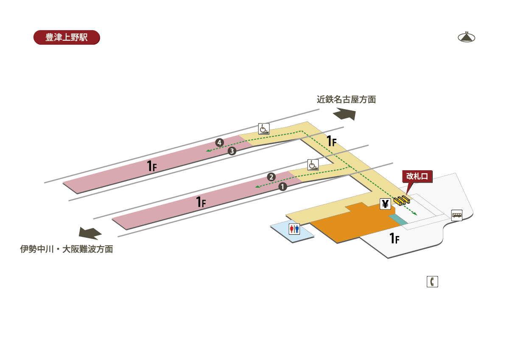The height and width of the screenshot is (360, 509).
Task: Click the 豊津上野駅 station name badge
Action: pos(67,37)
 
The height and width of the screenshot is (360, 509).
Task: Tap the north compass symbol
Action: pos(466,37)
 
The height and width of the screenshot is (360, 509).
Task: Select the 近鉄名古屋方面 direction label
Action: pos(346,100)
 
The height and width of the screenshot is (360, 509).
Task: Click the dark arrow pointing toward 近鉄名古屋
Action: pos(344,114)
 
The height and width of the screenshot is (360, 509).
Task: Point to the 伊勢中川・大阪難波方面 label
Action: pos(67,249)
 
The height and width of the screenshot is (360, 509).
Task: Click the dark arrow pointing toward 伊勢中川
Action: pos(90,233)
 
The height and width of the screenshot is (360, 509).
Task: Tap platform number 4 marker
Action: pos(219,142)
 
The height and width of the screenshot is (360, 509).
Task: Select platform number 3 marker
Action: pos(232,151)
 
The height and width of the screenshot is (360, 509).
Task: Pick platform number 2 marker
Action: pos(271,177)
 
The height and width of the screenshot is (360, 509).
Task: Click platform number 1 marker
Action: pos(283,186)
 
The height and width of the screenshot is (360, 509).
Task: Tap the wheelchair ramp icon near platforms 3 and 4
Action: pos(264,129)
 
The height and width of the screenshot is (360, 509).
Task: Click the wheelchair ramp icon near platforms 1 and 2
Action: pos(313,165)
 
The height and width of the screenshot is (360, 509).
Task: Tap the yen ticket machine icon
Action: pos(385,204)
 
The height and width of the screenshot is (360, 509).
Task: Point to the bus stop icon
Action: pos(457,215)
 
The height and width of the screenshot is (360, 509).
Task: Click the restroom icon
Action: pos(294,229)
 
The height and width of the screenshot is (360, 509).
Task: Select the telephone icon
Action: pos(432,281)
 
